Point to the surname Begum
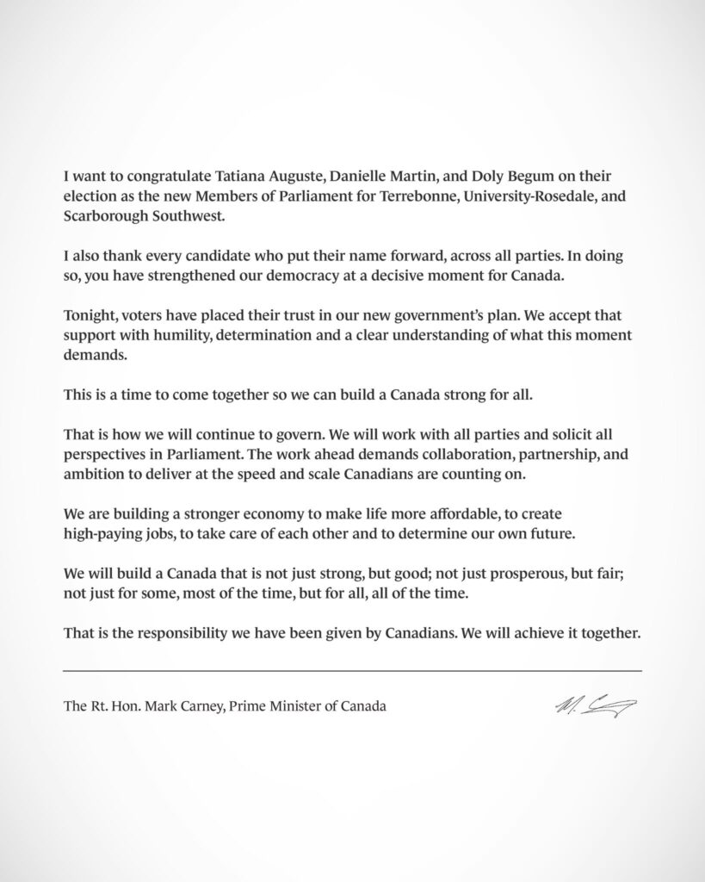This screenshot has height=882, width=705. (527, 176)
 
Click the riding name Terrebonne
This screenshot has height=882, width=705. (419, 196)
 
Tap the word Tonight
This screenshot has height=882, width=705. (90, 315)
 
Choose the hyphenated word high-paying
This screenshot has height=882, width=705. (105, 535)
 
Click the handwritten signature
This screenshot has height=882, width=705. (596, 706)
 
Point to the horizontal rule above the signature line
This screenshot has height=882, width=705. (353, 670)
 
